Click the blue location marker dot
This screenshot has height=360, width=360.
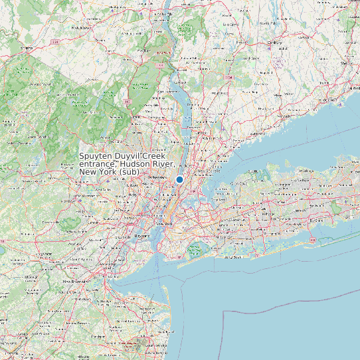coord(179,179)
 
